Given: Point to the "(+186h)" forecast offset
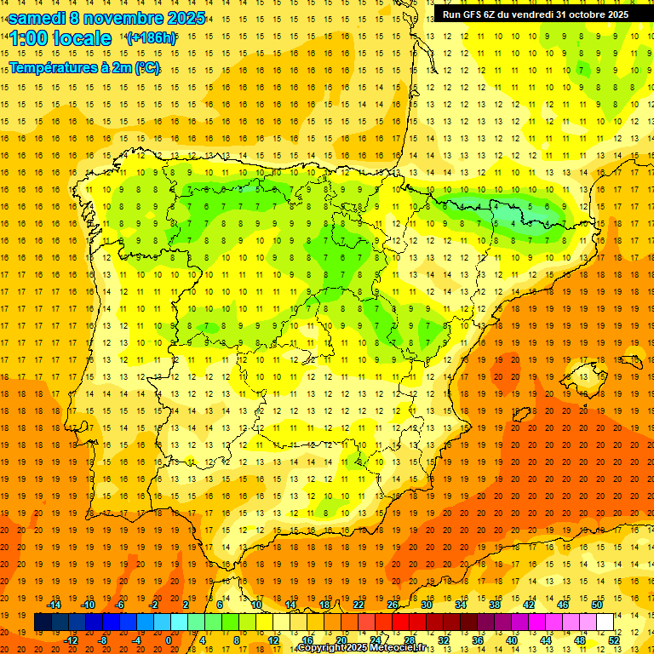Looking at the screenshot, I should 151,38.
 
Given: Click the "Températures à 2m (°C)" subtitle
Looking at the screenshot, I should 84,67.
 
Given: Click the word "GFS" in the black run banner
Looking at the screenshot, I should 475,14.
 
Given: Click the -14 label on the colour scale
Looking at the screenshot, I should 54,605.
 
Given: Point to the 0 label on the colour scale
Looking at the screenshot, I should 169,640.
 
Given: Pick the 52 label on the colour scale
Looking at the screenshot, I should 614,640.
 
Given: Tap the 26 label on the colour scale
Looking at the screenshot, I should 393,605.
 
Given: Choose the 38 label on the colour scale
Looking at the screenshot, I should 494,605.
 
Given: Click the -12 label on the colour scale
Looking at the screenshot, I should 71,640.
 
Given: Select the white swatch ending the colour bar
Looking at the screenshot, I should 605,622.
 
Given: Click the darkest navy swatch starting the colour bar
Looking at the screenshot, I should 43,622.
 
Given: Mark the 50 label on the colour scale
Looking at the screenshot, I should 596,605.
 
